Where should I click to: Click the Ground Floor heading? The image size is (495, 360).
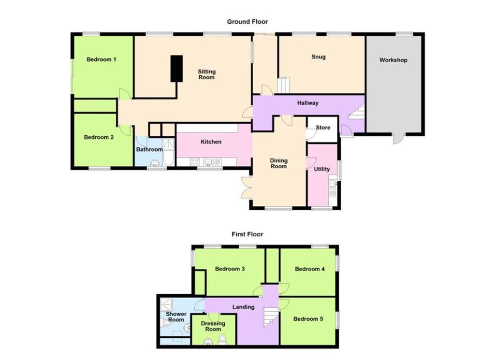click(247, 22)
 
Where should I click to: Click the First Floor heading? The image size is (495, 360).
click(247, 234)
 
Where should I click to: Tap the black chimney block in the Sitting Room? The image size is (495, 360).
click(177, 69)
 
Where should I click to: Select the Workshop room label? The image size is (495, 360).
click(393, 60)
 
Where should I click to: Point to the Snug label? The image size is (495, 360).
click(318, 57)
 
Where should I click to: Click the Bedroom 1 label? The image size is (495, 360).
click(102, 59)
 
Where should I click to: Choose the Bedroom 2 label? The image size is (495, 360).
click(99, 137)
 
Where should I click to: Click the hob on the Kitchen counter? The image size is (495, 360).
click(195, 162)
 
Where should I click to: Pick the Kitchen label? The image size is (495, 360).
click(211, 142)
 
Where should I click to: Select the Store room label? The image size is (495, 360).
click(323, 128)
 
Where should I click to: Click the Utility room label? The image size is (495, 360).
click(321, 169)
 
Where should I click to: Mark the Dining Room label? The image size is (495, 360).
click(278, 163)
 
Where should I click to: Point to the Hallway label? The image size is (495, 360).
click(308, 103)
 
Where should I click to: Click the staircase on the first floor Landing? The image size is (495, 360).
click(270, 318)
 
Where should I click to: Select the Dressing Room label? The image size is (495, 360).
click(213, 326)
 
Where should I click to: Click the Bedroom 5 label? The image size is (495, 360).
click(308, 318)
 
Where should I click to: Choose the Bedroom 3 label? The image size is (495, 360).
click(230, 269)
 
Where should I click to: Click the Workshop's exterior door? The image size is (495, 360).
click(399, 139)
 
